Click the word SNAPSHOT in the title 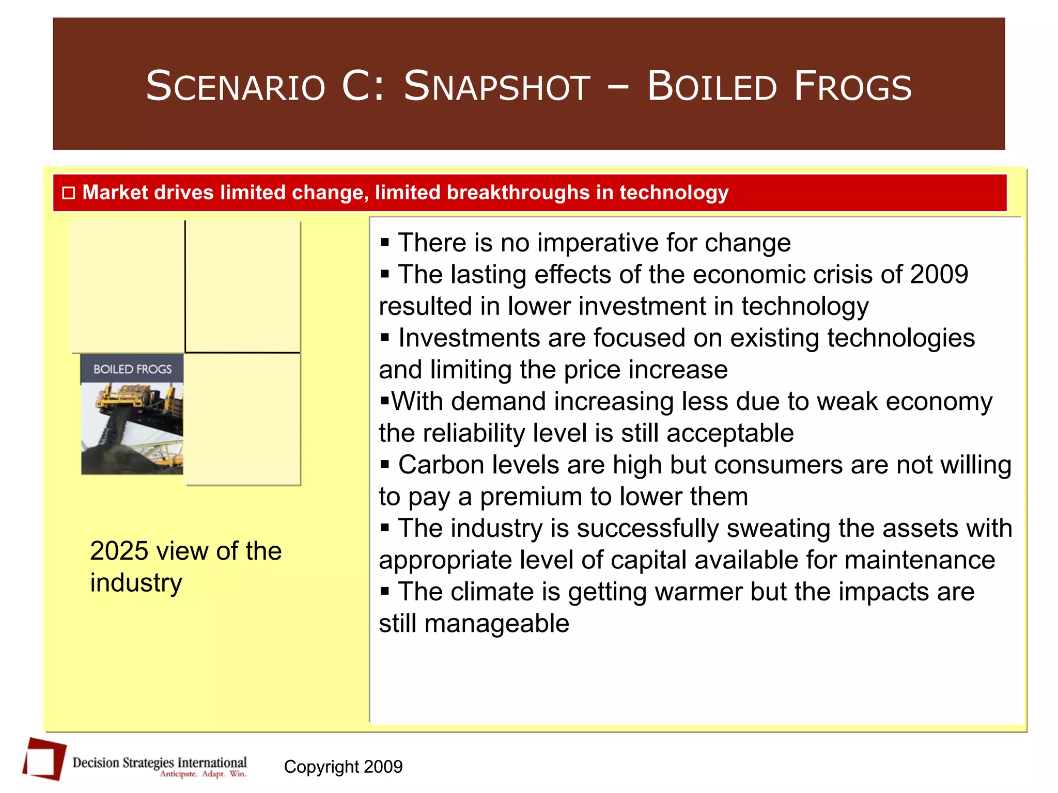496,86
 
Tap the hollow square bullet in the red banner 69,193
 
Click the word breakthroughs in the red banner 518,193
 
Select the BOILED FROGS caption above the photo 132,369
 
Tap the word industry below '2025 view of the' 136,583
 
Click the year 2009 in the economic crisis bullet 939,274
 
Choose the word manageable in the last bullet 496,624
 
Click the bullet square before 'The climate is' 384,591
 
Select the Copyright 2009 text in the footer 343,767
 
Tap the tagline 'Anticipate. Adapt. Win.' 203,774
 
